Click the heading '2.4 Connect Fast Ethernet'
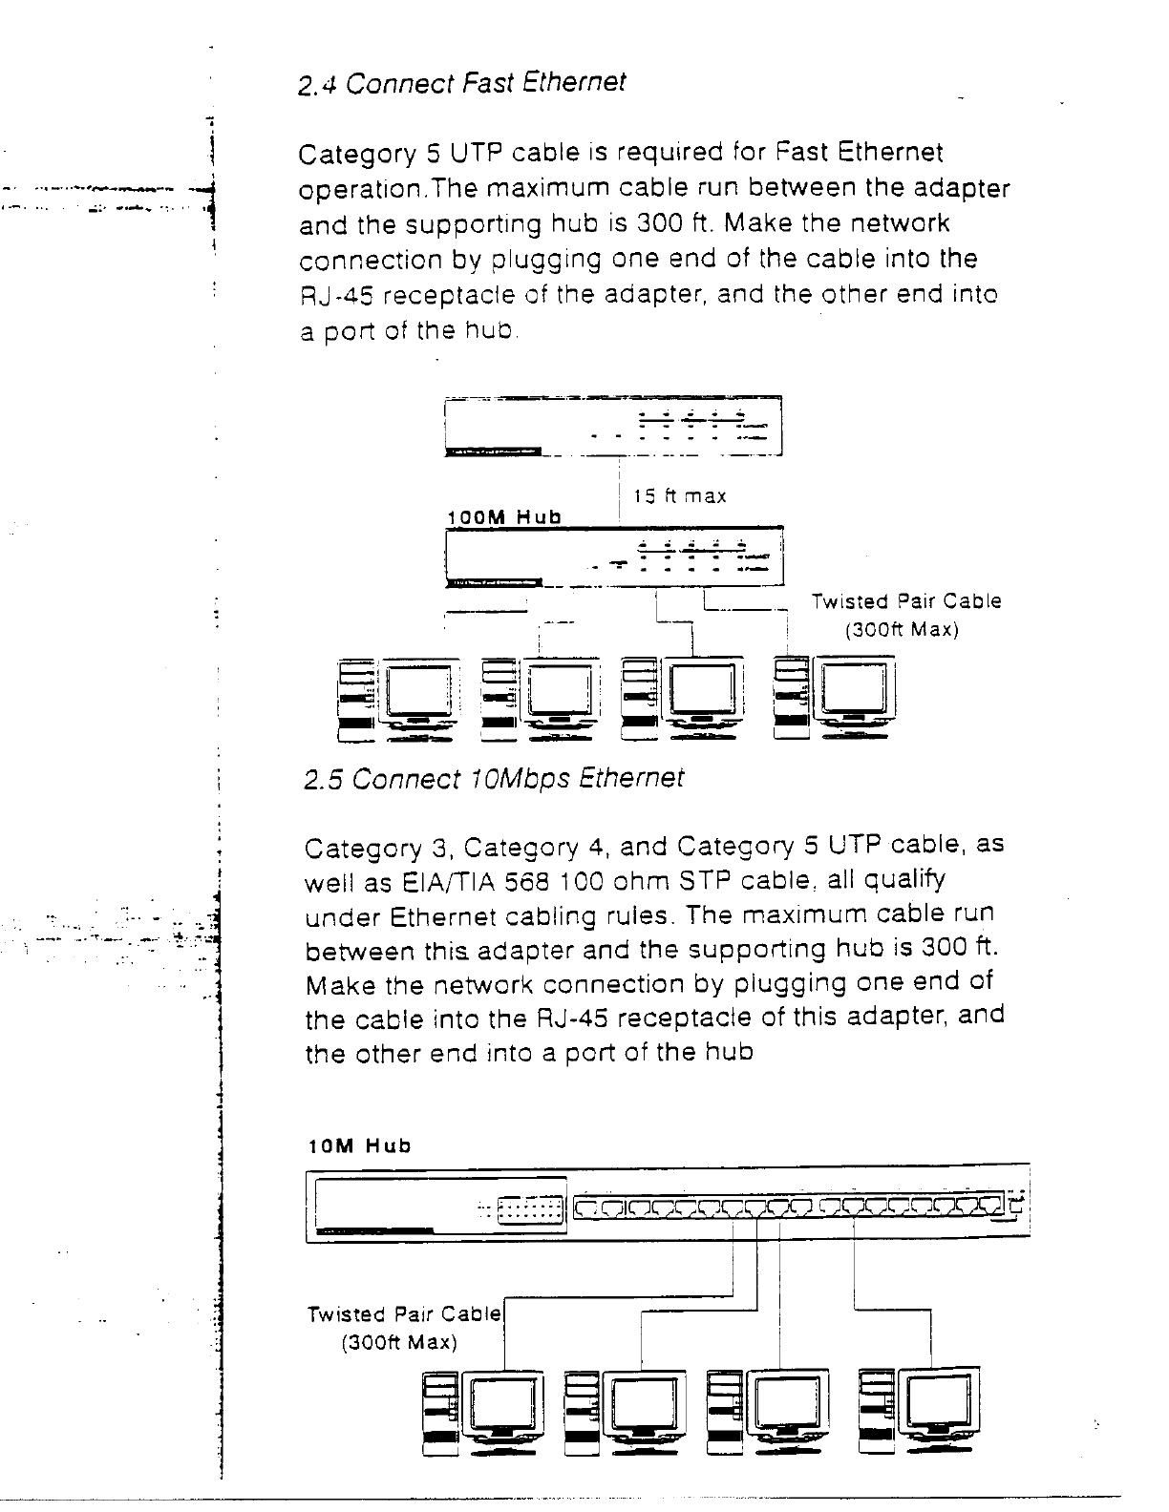click(461, 84)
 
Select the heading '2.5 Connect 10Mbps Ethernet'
click(493, 779)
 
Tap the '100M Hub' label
click(504, 517)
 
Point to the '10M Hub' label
click(359, 1145)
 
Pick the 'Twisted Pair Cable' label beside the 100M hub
click(906, 601)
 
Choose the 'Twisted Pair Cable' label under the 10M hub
click(404, 1314)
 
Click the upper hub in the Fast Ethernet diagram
click(613, 428)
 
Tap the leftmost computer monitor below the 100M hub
click(418, 691)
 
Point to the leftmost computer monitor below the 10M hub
click(502, 1405)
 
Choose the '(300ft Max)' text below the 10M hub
click(399, 1343)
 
